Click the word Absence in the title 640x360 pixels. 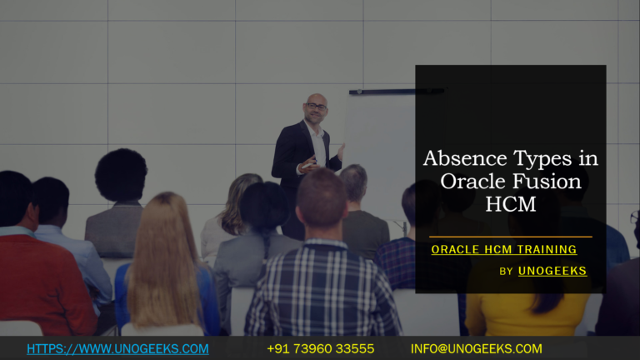tap(458, 158)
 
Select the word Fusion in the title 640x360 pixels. tap(538, 181)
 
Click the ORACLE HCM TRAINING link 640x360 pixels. tap(503, 249)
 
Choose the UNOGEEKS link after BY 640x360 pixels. tap(552, 271)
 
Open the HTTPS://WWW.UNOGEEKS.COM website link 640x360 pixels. tap(117, 348)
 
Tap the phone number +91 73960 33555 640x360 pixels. tap(320, 348)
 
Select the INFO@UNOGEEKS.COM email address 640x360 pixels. tap(476, 348)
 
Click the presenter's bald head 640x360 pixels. tap(316, 101)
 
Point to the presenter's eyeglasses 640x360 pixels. tap(316, 107)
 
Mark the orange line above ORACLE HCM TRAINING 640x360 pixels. tap(510, 237)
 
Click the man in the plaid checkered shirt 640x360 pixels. tap(320, 283)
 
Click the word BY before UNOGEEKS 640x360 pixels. tap(506, 272)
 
